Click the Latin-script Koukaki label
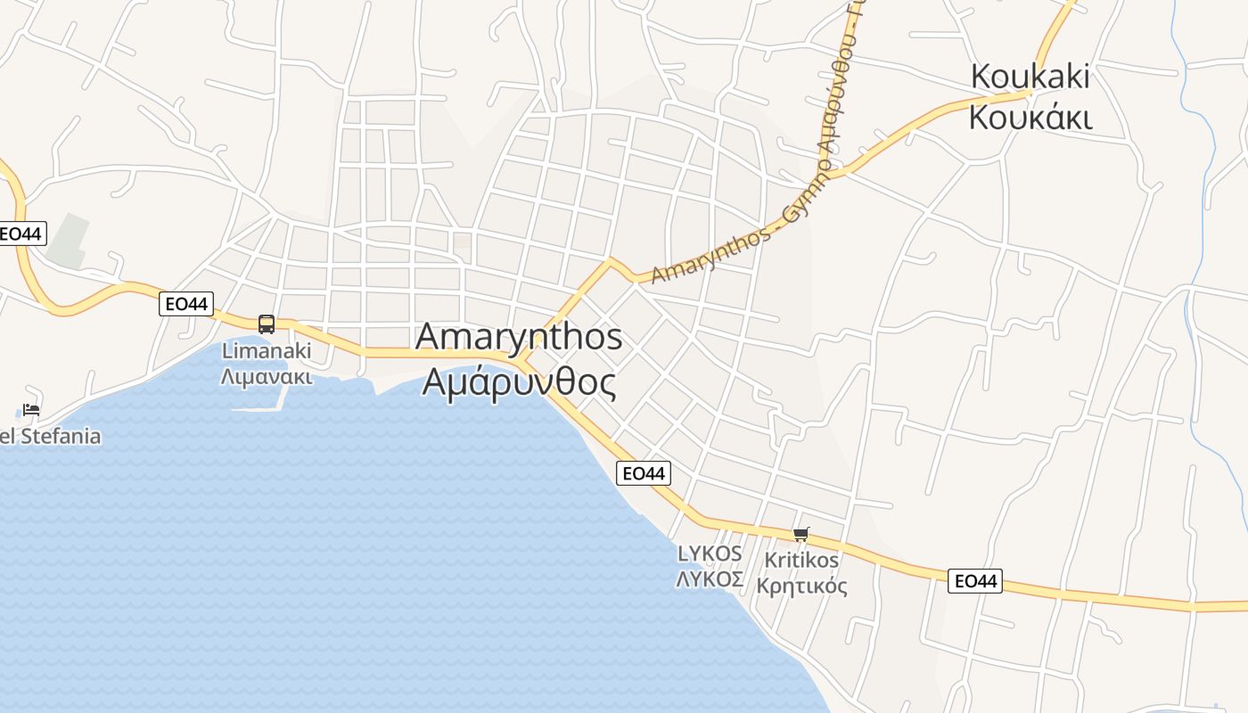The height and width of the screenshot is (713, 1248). tap(1030, 77)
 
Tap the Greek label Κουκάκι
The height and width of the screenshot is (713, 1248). tap(1030, 117)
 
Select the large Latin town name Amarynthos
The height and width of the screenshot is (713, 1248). tap(519, 337)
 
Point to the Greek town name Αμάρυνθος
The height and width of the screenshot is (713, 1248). tap(519, 382)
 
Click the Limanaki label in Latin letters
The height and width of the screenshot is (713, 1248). tap(267, 350)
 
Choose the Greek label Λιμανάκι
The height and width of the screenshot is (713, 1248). tap(267, 375)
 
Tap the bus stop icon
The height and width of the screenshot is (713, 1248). tap(267, 324)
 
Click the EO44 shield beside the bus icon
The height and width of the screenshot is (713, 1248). tap(186, 304)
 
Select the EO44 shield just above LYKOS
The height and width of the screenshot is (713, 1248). tap(643, 473)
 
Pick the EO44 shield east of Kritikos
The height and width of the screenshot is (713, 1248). tap(974, 581)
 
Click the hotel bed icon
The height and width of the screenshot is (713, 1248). tap(31, 410)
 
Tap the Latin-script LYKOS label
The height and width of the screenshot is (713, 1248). tap(710, 553)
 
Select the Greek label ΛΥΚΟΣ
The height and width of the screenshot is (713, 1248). tap(710, 579)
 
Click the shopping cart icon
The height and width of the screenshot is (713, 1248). tap(801, 534)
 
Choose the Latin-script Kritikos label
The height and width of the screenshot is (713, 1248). tap(801, 560)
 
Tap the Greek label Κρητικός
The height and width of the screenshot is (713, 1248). tap(801, 586)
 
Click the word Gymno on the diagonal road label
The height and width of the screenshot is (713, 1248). tap(805, 193)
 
